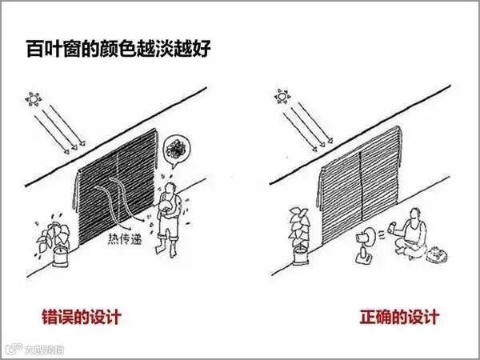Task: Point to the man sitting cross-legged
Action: [414, 237]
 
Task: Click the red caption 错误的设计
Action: [81, 317]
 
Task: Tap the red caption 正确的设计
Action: [399, 317]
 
